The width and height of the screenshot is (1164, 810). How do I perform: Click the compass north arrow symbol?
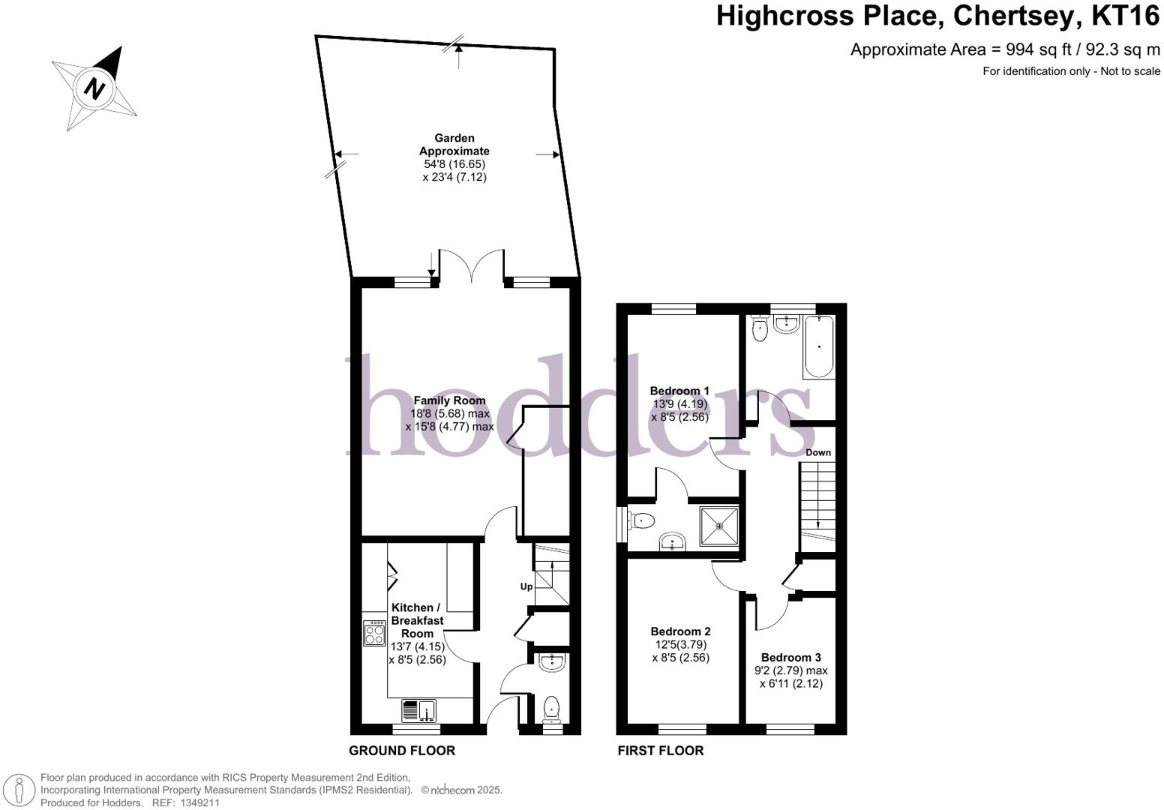pyautogui.click(x=94, y=88)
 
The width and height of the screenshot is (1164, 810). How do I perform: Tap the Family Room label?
pyautogui.click(x=449, y=400)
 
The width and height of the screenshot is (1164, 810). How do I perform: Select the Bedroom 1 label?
pyautogui.click(x=679, y=391)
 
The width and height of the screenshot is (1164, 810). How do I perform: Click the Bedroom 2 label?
pyautogui.click(x=680, y=631)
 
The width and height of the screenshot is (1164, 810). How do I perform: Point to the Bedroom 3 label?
pyautogui.click(x=790, y=657)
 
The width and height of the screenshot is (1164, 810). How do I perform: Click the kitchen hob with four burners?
pyautogui.click(x=374, y=634)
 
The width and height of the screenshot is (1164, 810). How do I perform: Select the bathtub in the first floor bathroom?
pyautogui.click(x=818, y=347)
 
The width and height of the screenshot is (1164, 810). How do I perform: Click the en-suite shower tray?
pyautogui.click(x=719, y=526)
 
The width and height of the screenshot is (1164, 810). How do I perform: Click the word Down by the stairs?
pyautogui.click(x=818, y=452)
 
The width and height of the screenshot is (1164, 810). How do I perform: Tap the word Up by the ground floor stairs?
pyautogui.click(x=526, y=586)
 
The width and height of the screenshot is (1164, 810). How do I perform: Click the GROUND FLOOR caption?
pyautogui.click(x=402, y=751)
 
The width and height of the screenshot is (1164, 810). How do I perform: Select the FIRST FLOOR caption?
pyautogui.click(x=660, y=751)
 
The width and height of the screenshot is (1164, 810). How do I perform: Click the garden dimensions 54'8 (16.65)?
pyautogui.click(x=454, y=164)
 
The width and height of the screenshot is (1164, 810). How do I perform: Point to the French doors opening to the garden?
pyautogui.click(x=472, y=268)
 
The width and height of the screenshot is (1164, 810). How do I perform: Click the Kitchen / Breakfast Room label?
pyautogui.click(x=418, y=620)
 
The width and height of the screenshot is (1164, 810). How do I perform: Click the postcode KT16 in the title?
pyautogui.click(x=1120, y=15)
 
